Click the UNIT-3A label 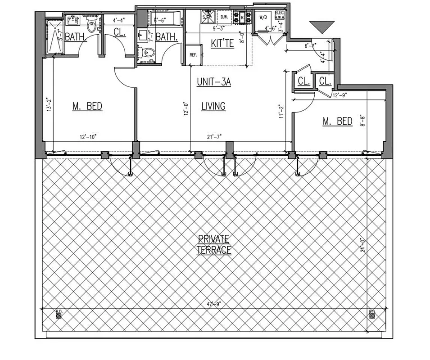coord(213,82)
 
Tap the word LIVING coord(213,107)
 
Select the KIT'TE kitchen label coord(222,44)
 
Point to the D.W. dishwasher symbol coord(224,17)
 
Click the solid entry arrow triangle coord(322,27)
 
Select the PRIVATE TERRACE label coord(213,244)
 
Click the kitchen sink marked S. coord(208,17)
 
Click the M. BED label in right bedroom coord(337,121)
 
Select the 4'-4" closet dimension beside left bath coord(119,20)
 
